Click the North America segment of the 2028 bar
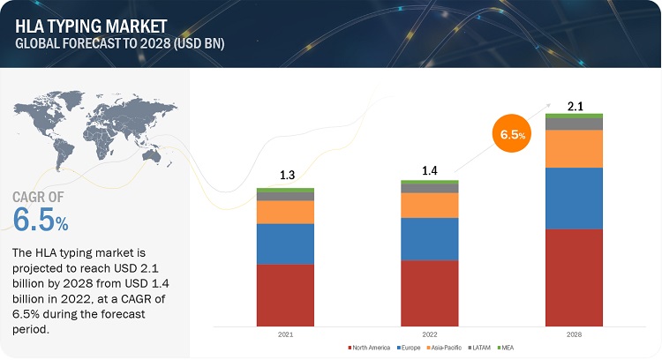pos(575,277)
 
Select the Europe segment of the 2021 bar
pos(285,244)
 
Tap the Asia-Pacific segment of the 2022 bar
pos(430,205)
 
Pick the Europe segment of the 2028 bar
pos(575,198)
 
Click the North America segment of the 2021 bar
pos(285,295)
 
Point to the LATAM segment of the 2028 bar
pos(575,124)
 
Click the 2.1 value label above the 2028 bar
pos(575,106)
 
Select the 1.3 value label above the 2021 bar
pos(286,176)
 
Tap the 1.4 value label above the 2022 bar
pos(430,168)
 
